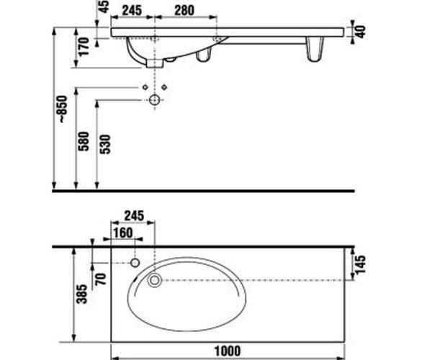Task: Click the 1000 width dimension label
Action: click(x=228, y=351)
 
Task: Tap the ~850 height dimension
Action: click(x=62, y=109)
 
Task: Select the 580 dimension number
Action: click(x=84, y=141)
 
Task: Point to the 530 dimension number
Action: click(x=105, y=144)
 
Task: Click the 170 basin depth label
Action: click(x=84, y=47)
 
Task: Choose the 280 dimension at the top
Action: click(x=184, y=11)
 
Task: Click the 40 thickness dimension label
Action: click(x=361, y=32)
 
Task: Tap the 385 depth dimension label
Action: click(x=81, y=294)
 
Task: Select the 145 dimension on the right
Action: click(x=361, y=264)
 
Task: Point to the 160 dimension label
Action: click(x=123, y=233)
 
